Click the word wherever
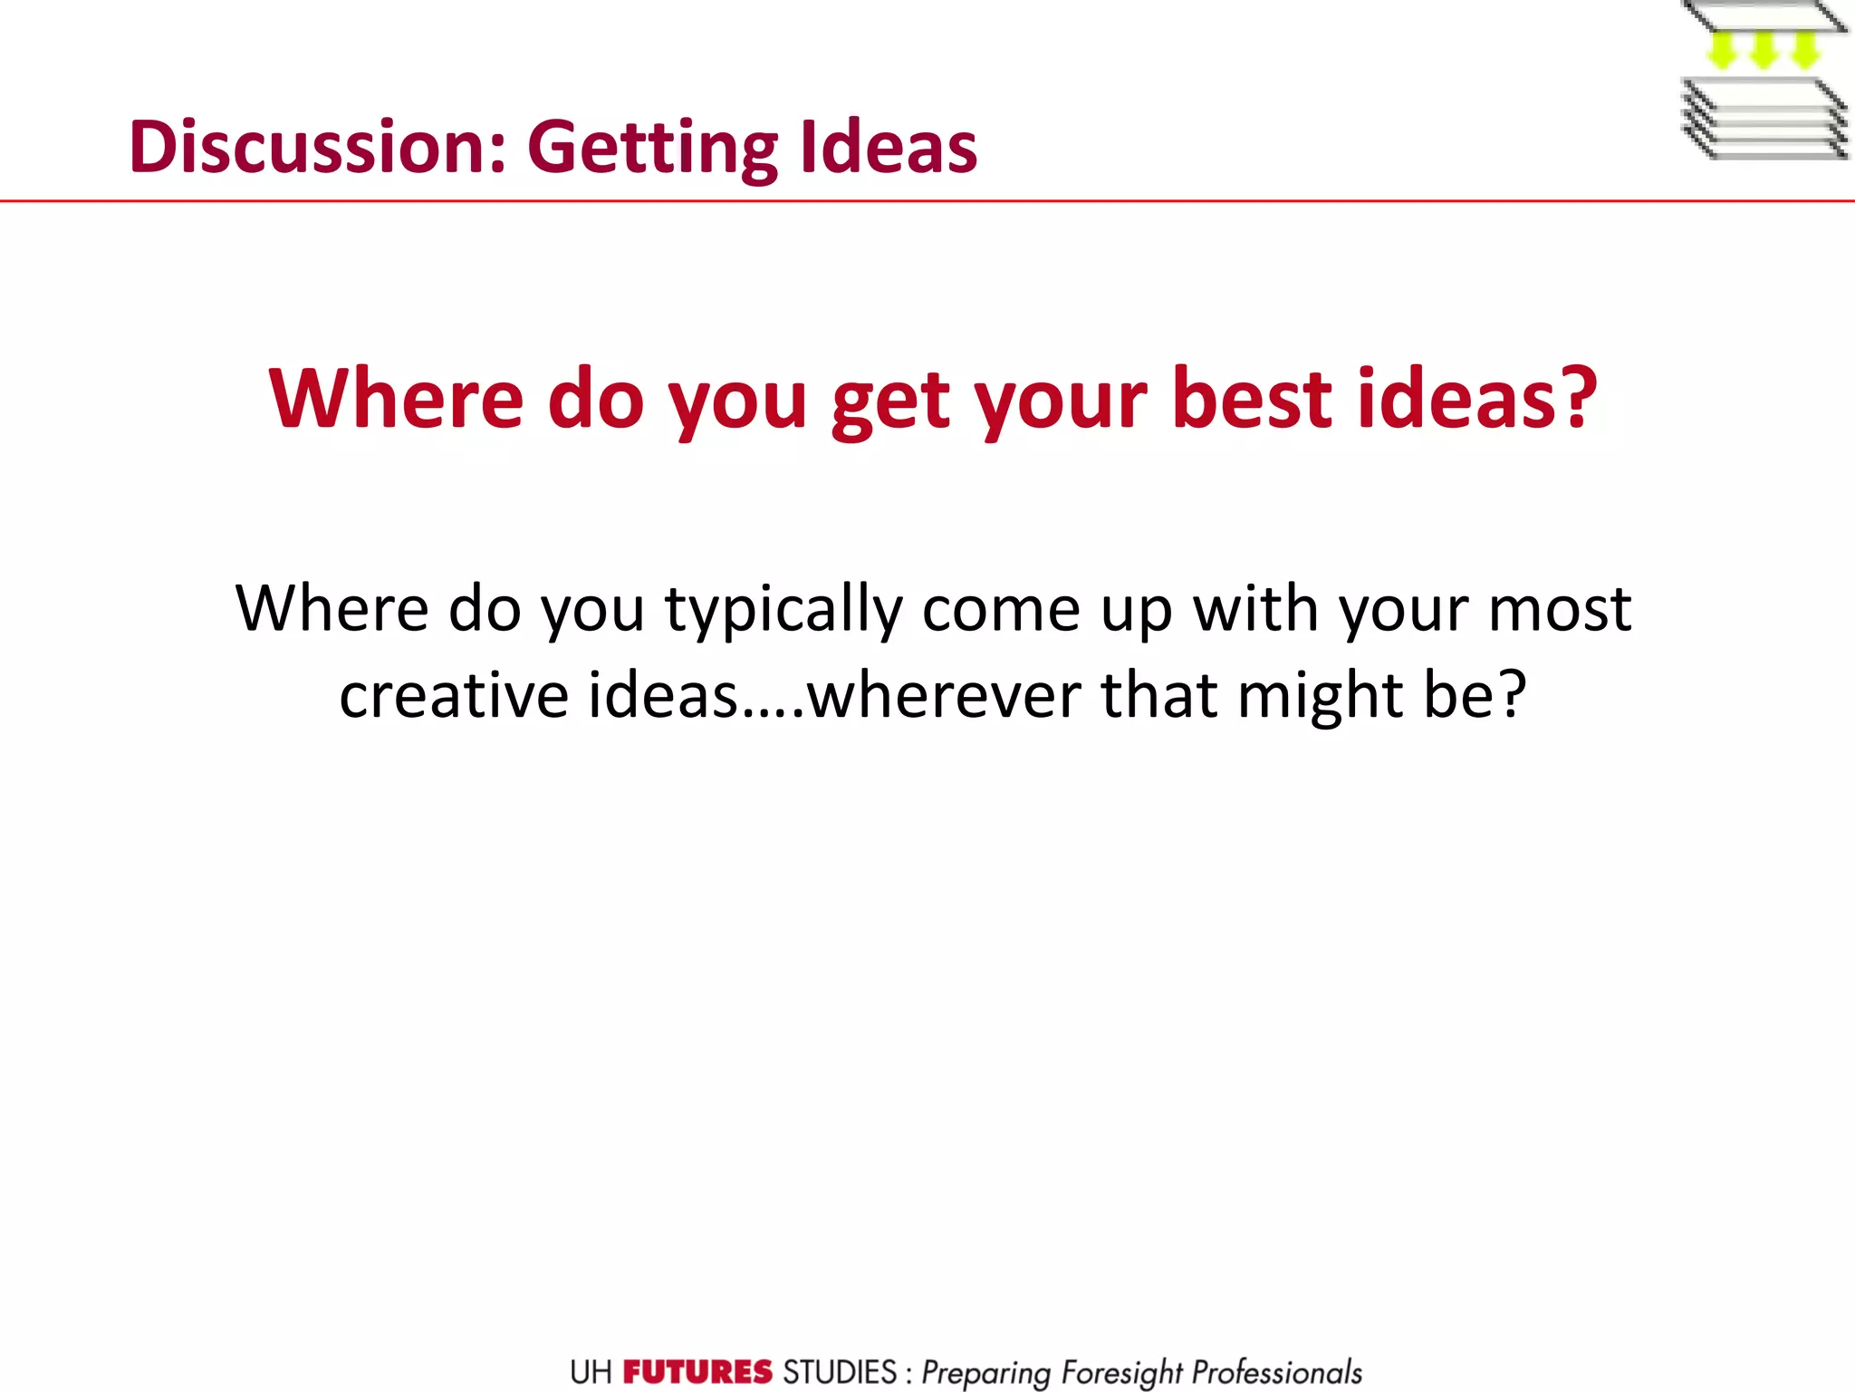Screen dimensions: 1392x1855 [x=944, y=696]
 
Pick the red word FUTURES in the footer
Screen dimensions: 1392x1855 [x=697, y=1372]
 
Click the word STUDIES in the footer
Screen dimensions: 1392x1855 [x=840, y=1372]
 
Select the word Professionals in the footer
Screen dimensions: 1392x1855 [x=1276, y=1372]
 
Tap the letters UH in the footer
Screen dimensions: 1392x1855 [x=591, y=1372]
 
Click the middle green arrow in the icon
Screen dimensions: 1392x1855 [x=1763, y=50]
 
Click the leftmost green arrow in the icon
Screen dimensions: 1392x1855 [x=1721, y=50]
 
